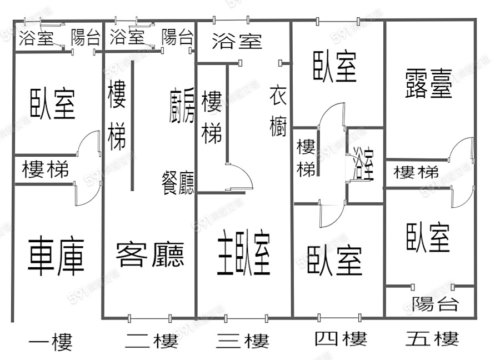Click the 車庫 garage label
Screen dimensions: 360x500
pos(56,256)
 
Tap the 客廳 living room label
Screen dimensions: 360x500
pos(150,254)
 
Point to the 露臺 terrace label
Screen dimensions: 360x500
pos(429,83)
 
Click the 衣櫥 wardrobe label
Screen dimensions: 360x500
pos(278,111)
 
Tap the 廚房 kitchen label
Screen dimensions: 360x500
pos(182,106)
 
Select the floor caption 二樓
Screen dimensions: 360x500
pos(151,341)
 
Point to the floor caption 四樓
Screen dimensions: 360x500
pos(340,338)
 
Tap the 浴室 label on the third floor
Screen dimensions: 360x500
pos(237,41)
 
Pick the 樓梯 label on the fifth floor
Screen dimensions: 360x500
pos(416,172)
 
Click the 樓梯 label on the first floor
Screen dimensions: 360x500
pos(46,169)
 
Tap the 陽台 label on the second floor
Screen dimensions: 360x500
pos(177,38)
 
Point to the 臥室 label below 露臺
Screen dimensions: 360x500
pos(427,237)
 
